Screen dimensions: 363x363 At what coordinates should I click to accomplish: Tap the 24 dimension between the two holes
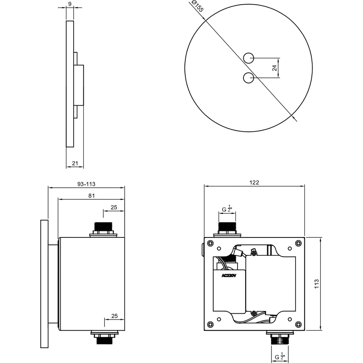coord(274,68)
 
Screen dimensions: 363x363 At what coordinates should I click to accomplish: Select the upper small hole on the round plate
coord(248,58)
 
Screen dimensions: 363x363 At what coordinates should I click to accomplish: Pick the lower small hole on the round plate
coord(248,78)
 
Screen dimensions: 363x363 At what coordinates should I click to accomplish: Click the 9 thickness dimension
coord(70,4)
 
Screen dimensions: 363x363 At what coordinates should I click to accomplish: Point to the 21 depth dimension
coord(75,163)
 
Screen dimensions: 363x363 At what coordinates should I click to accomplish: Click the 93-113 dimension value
coord(86,184)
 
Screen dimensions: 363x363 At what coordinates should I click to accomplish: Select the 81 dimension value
coord(92,196)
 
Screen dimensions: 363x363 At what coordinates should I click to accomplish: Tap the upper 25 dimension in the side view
coord(114,207)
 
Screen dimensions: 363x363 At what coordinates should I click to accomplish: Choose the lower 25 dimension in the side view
coord(115,316)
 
